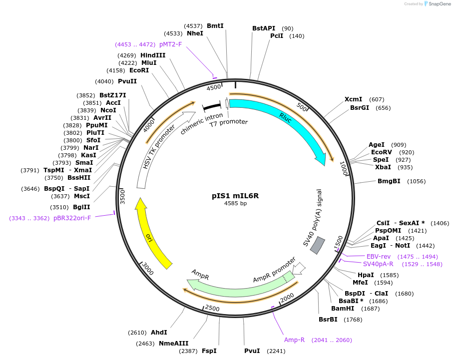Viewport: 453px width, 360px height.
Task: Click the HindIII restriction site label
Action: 153,55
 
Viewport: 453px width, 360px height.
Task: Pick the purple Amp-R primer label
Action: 294,340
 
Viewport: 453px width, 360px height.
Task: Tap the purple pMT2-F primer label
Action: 170,44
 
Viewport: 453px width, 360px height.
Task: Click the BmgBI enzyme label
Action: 389,181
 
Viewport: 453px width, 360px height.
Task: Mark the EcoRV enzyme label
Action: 382,152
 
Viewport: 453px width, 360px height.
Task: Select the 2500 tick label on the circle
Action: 212,308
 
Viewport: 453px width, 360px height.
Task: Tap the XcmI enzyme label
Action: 354,99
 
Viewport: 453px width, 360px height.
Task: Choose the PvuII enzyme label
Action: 127,81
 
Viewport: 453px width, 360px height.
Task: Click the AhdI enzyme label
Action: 159,333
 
